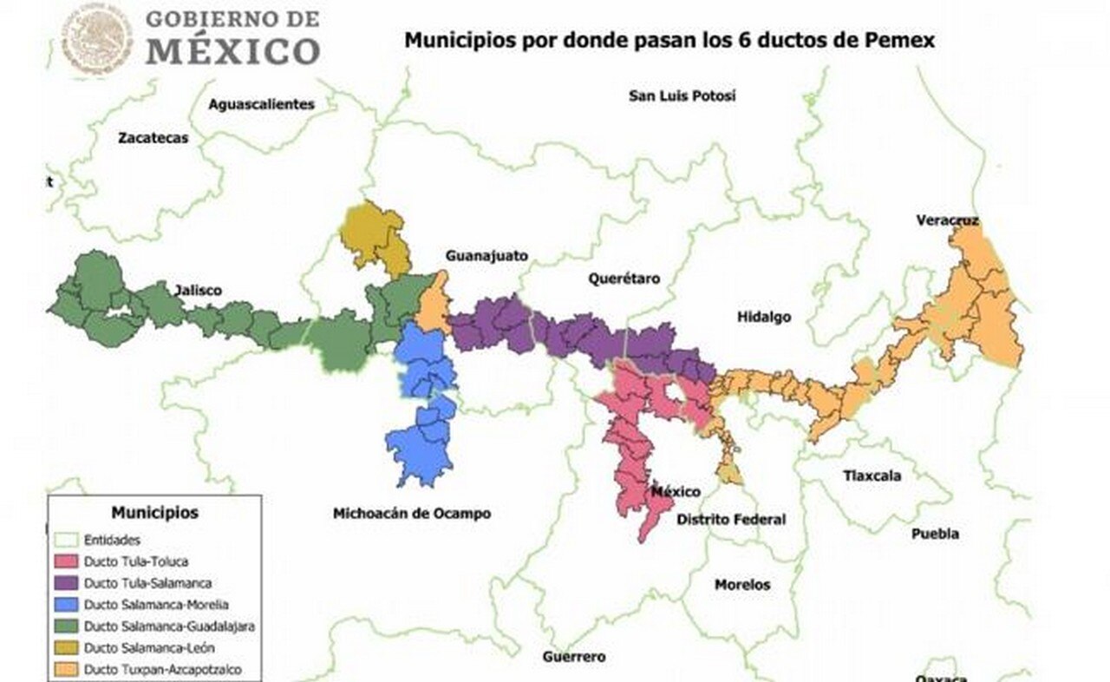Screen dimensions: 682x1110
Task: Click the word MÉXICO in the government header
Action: pyautogui.click(x=232, y=51)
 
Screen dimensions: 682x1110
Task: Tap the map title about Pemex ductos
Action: pyautogui.click(x=669, y=39)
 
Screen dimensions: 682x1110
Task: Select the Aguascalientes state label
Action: pyautogui.click(x=261, y=104)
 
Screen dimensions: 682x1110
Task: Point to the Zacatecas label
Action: pyautogui.click(x=153, y=137)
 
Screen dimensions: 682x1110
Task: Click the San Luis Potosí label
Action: pyautogui.click(x=682, y=95)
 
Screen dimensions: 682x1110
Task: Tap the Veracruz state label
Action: pyautogui.click(x=947, y=220)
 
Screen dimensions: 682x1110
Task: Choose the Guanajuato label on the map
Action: pyautogui.click(x=486, y=256)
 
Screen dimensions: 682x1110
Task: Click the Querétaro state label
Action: pyautogui.click(x=624, y=279)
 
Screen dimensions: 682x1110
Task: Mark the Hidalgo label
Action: pyautogui.click(x=764, y=317)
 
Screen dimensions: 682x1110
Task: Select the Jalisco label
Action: pyautogui.click(x=198, y=290)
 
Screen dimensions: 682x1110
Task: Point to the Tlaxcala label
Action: pyautogui.click(x=872, y=475)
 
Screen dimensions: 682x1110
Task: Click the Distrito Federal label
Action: pyautogui.click(x=731, y=519)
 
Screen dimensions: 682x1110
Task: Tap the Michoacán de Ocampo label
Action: pyautogui.click(x=412, y=514)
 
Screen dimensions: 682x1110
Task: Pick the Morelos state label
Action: pyautogui.click(x=741, y=585)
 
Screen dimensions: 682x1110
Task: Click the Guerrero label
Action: pyautogui.click(x=574, y=657)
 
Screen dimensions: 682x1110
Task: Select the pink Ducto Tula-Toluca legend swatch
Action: pyautogui.click(x=67, y=561)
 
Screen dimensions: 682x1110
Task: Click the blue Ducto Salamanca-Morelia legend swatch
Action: pyautogui.click(x=67, y=605)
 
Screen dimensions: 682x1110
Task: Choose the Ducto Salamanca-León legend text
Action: pyautogui.click(x=149, y=648)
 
